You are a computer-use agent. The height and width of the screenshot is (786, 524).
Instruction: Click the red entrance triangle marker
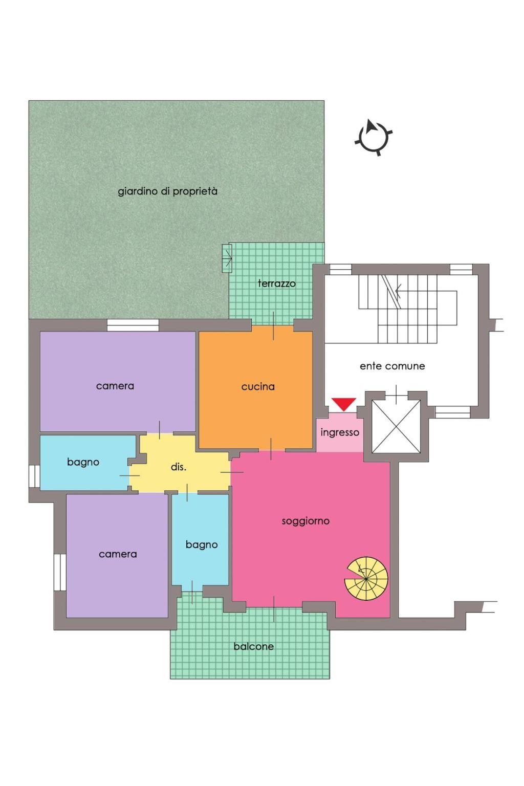pos(343,404)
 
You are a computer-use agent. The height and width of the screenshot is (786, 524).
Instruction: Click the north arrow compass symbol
pos(373,137)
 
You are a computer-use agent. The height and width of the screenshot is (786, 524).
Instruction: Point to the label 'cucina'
pos(257,387)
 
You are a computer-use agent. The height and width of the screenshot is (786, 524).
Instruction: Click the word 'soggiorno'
pos(305,521)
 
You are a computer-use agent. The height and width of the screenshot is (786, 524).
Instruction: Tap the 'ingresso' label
pos(339,432)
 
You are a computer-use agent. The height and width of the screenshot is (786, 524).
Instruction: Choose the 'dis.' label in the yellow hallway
pos(178,467)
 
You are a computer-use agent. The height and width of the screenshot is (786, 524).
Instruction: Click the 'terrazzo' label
pos(276,283)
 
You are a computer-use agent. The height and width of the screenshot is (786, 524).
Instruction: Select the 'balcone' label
pos(253,646)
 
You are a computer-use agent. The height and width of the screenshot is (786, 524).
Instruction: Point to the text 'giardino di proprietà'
pos(167,191)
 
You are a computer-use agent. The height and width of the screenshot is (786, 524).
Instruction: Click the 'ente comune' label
pos(392,366)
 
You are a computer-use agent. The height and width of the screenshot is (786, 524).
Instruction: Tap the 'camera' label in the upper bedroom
pos(115,386)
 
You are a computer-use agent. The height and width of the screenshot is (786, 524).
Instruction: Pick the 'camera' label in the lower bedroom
pos(118,554)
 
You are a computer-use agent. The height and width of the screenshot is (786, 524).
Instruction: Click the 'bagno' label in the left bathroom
pos(83,463)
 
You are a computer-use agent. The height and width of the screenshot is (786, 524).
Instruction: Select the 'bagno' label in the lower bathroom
pos(202,545)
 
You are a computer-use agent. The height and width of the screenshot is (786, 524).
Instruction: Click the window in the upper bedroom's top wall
pos(133,325)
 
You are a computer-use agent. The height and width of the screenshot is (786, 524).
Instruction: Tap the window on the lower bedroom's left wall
pos(60,573)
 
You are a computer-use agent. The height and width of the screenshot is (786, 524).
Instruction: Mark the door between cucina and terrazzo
pos(273,326)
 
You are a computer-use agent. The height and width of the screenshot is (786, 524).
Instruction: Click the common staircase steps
pos(408,309)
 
